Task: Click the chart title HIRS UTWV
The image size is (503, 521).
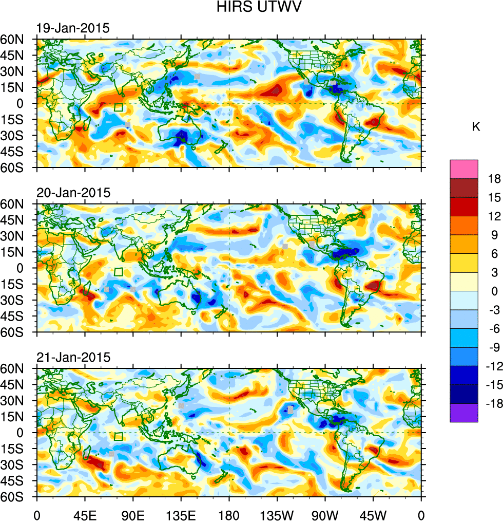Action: click(x=251, y=8)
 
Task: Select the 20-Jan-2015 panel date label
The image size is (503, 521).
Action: click(x=73, y=193)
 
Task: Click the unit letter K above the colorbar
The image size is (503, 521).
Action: click(x=476, y=126)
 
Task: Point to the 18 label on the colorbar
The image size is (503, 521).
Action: click(x=494, y=178)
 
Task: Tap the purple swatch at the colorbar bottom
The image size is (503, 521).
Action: click(x=463, y=414)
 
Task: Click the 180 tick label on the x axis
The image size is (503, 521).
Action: click(x=229, y=514)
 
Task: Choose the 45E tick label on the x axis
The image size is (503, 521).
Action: click(x=85, y=514)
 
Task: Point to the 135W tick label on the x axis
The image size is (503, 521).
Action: click(x=277, y=514)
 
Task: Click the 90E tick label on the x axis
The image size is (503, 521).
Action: click(x=133, y=514)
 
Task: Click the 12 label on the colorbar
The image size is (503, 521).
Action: click(x=494, y=216)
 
